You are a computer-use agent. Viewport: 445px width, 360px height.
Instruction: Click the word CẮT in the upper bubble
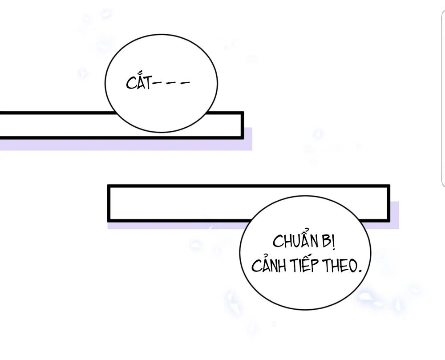click(x=139, y=83)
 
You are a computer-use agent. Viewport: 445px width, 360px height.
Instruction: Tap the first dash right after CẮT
click(x=157, y=83)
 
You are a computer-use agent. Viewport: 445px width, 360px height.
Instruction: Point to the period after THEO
click(x=359, y=271)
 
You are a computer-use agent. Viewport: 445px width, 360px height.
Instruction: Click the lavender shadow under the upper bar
click(x=133, y=145)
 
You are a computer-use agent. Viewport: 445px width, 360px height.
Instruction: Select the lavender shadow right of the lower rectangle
click(x=394, y=214)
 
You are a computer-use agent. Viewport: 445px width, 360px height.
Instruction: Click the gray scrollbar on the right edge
click(x=443, y=98)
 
